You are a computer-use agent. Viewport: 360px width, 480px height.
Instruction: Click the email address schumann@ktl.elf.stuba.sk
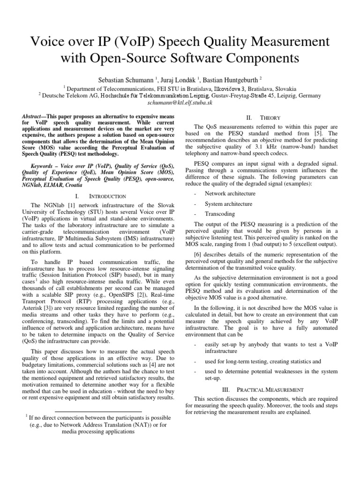[180, 102]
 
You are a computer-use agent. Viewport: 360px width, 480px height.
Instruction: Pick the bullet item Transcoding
[220, 214]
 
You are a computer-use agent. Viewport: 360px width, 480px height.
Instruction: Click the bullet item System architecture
[228, 203]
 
